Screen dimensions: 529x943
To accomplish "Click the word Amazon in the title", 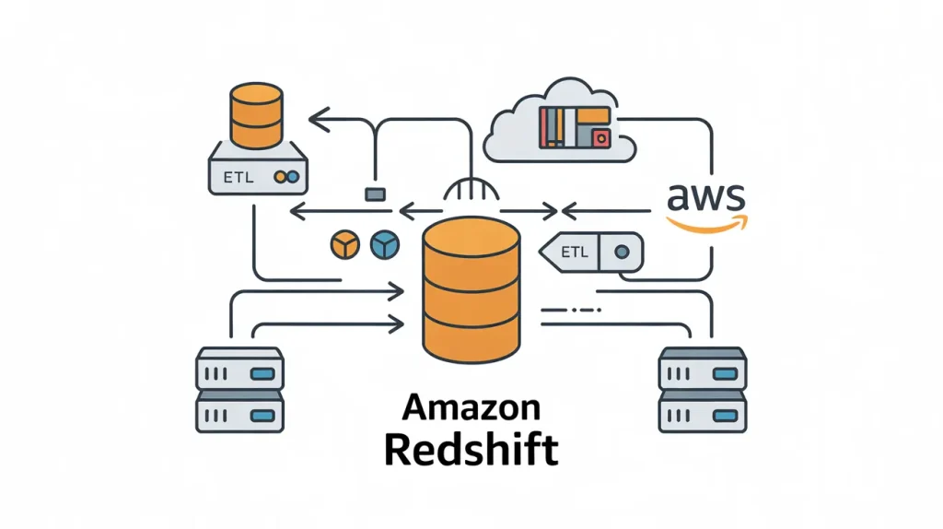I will (x=471, y=407).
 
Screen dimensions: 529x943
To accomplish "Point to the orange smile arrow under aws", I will (x=707, y=222).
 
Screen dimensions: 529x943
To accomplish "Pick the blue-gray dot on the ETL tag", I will (x=623, y=250).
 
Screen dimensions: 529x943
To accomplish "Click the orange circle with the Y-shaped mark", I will (x=343, y=244).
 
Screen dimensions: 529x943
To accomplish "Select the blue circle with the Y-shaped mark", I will (x=382, y=244).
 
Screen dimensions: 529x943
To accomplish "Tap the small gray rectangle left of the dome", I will (x=374, y=194).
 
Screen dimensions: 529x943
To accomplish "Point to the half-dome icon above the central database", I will (x=471, y=191).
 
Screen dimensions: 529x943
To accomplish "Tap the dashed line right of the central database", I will (x=573, y=312).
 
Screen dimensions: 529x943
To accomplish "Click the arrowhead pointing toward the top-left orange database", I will (x=318, y=118).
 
